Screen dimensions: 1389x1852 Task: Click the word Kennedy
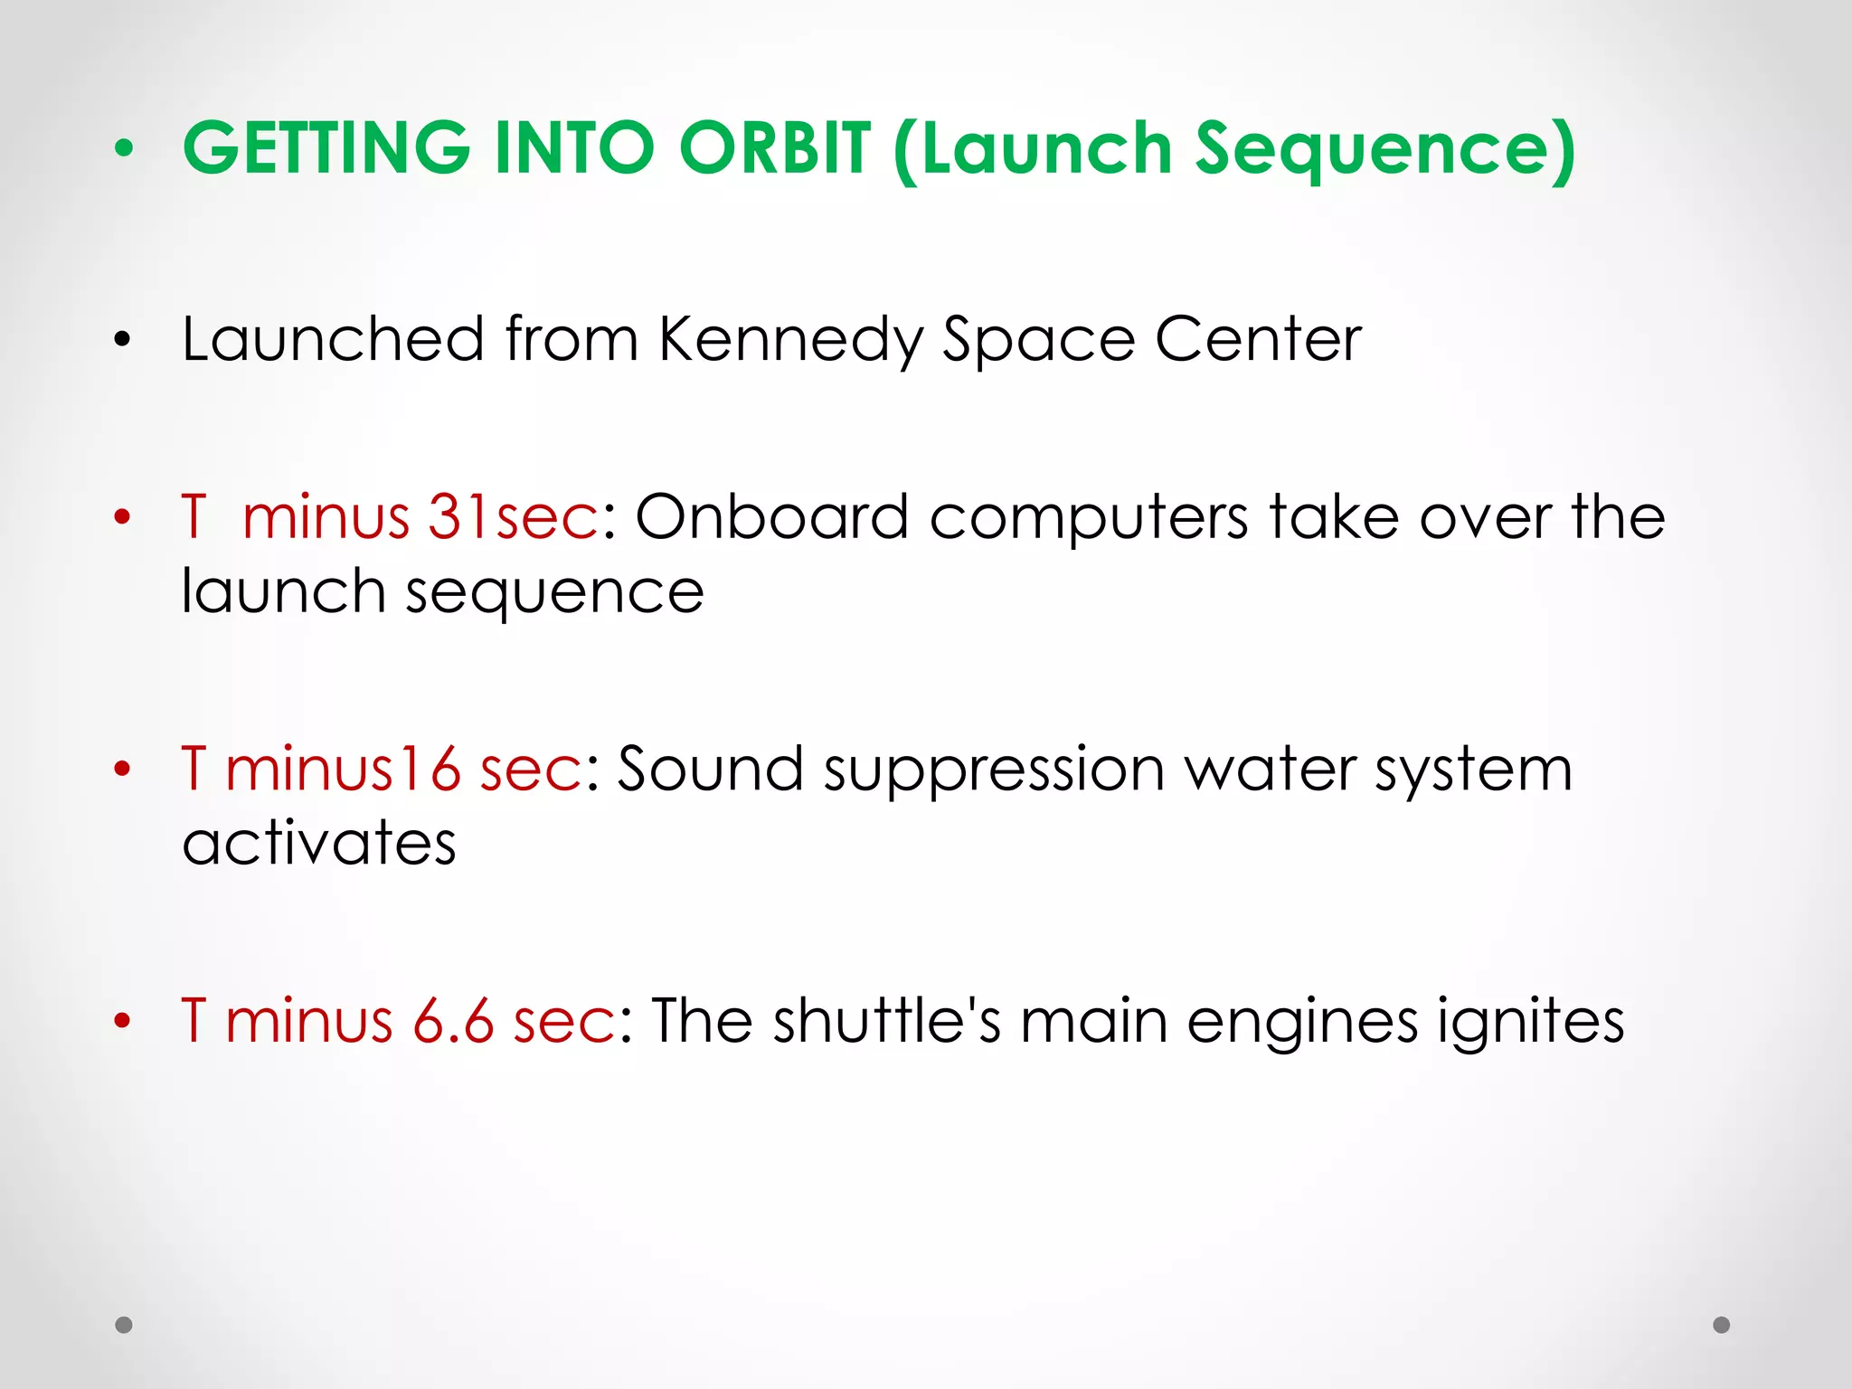click(x=791, y=340)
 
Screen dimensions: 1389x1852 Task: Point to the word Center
click(x=1258, y=339)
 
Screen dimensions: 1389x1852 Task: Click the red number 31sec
click(x=512, y=517)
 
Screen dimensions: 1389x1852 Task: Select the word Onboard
click(x=771, y=517)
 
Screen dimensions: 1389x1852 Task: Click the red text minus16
click(x=343, y=770)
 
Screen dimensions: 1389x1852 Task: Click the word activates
click(x=318, y=843)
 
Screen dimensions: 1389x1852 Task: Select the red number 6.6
click(x=453, y=1021)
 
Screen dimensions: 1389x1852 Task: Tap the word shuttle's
click(x=886, y=1021)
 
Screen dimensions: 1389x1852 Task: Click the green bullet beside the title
click(x=124, y=149)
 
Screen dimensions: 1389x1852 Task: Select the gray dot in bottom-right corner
click(x=1722, y=1325)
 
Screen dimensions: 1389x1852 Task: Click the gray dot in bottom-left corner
click(x=124, y=1325)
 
